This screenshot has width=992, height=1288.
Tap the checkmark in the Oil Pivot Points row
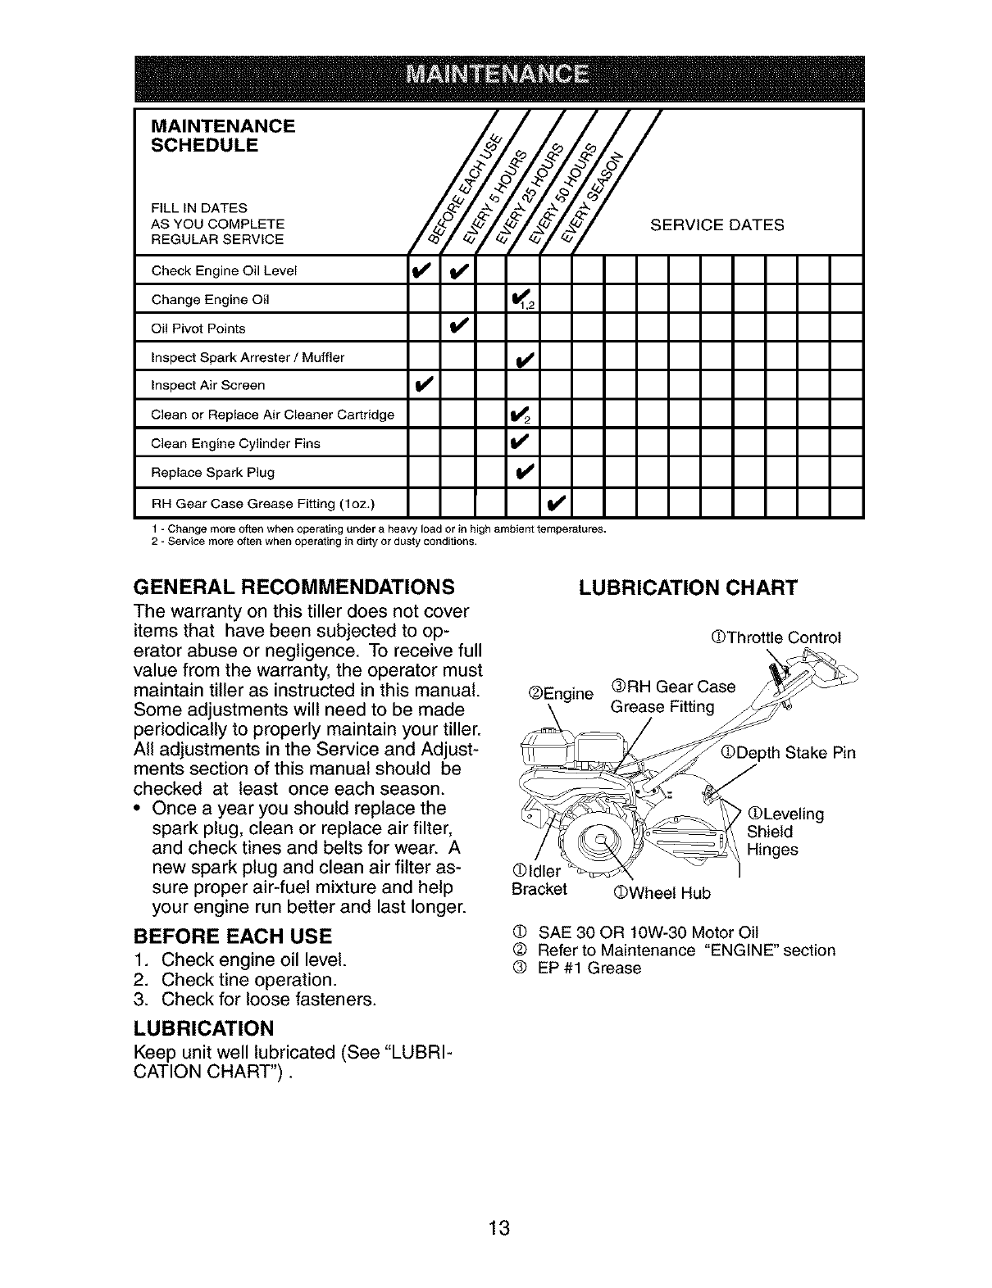(458, 328)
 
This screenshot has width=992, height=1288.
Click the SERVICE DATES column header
(717, 224)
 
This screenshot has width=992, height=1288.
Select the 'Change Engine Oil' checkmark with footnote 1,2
(522, 301)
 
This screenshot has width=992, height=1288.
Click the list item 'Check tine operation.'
(249, 980)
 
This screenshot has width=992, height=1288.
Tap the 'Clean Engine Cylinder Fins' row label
(235, 444)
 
